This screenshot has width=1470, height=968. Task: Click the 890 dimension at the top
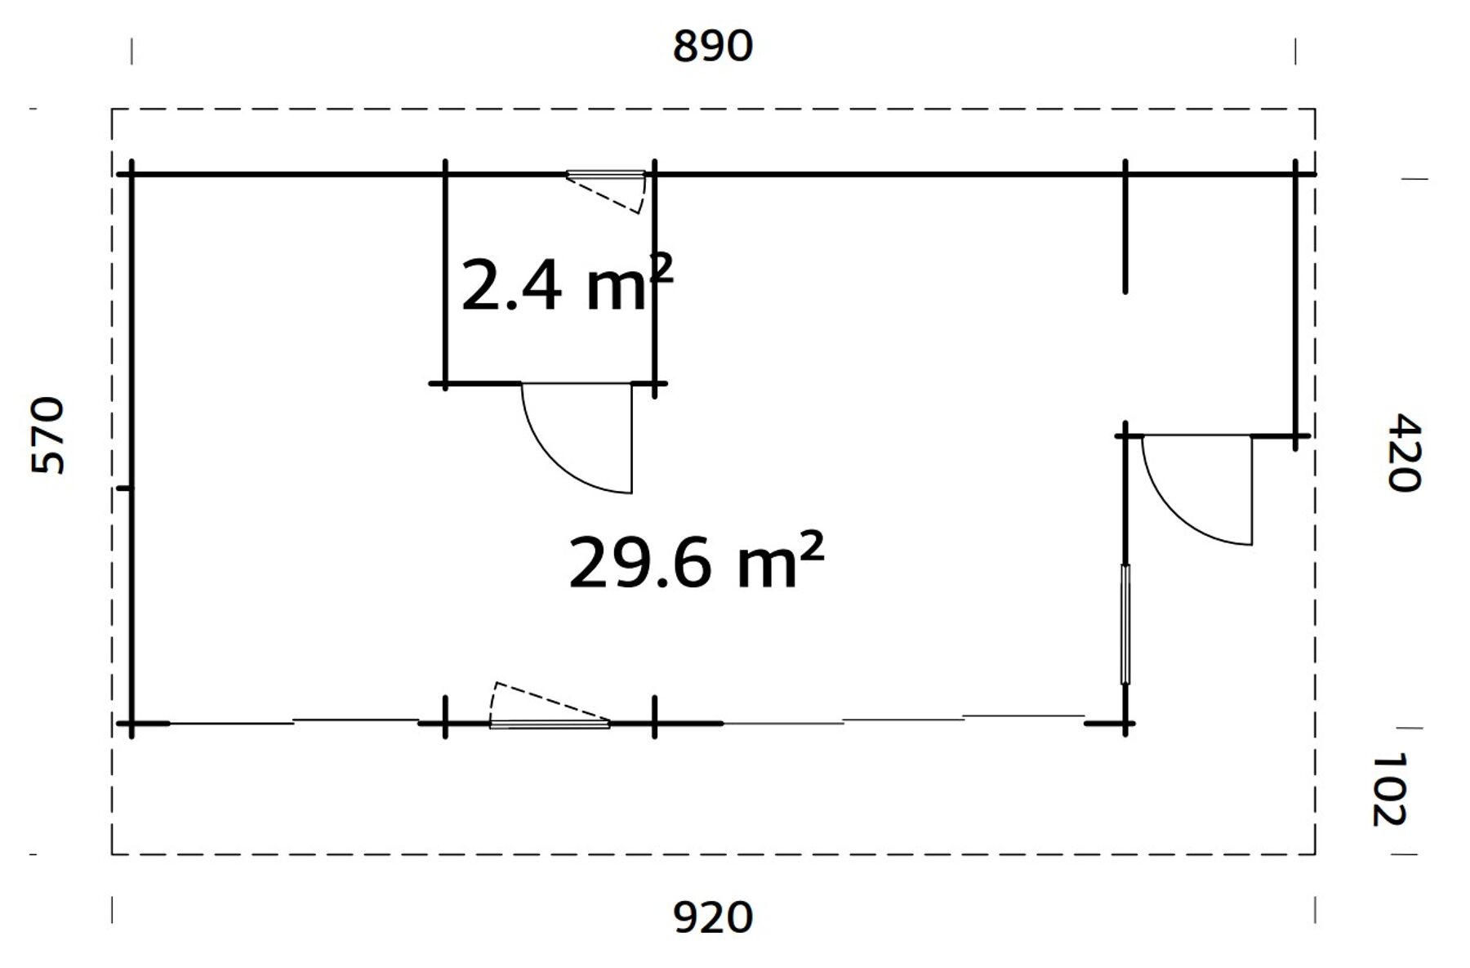click(x=712, y=47)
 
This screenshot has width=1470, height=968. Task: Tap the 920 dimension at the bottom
click(x=712, y=918)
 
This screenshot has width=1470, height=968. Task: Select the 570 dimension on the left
click(x=48, y=435)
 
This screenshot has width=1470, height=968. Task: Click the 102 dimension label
click(x=1388, y=789)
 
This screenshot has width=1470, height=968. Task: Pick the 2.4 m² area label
click(x=567, y=283)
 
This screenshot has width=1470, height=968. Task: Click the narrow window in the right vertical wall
click(x=1125, y=624)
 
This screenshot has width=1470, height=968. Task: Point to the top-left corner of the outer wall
click(x=131, y=174)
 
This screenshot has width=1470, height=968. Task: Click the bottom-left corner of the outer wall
click(x=131, y=724)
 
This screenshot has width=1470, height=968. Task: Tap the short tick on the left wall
click(x=124, y=488)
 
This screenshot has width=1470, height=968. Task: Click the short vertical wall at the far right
click(x=1295, y=302)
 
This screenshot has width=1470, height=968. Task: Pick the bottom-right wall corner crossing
click(x=1125, y=724)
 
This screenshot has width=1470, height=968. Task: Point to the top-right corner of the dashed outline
click(x=1315, y=109)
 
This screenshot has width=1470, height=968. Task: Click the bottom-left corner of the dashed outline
click(x=112, y=854)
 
